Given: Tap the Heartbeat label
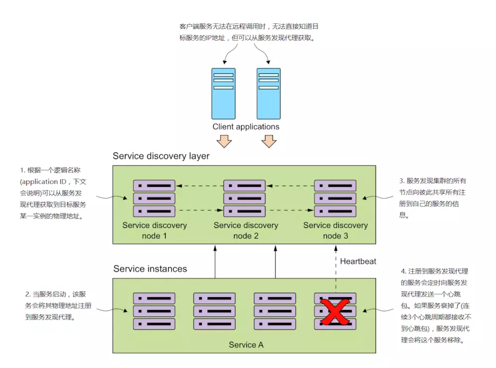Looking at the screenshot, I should tap(358, 261).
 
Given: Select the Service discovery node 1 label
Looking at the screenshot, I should tap(154, 230).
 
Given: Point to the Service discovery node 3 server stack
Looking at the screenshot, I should tap(335, 199).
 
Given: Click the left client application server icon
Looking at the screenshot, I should tap(223, 93).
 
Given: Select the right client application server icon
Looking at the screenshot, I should tap(268, 93).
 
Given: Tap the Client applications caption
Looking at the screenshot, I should tap(246, 127).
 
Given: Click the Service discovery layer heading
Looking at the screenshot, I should tap(161, 156).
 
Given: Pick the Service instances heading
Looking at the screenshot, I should tap(150, 269).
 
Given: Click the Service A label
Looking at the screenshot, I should tap(246, 345).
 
